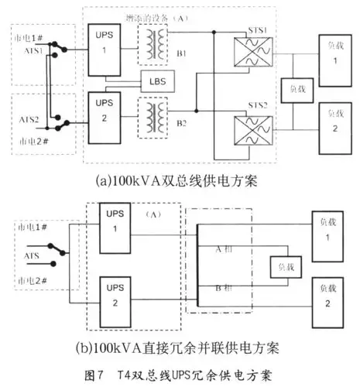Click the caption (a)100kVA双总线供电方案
(x=180, y=182)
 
